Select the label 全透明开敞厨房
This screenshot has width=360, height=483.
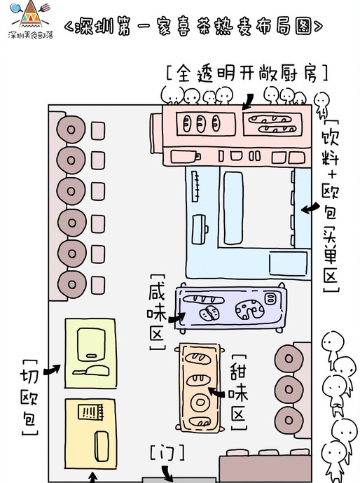point(248,73)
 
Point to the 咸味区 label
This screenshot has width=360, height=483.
point(157,311)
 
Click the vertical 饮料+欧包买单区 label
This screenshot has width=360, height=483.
point(330,203)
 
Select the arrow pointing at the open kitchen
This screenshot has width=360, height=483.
point(249,102)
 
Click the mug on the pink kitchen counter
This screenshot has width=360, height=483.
point(190,155)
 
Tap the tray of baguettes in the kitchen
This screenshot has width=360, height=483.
point(274,124)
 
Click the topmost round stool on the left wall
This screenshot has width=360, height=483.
point(70,129)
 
